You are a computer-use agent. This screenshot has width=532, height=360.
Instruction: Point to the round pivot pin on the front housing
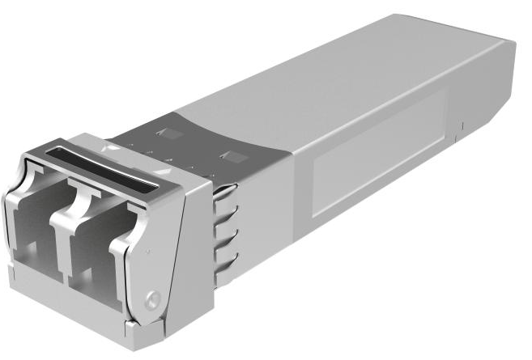coord(151,299)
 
